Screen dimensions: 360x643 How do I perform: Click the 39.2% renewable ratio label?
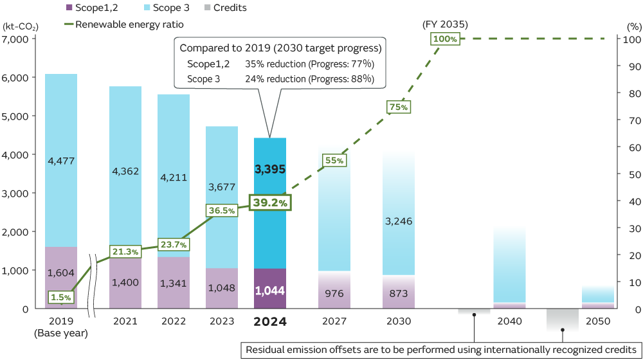pyautogui.click(x=270, y=202)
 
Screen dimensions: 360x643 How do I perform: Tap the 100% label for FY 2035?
pyautogui.click(x=445, y=39)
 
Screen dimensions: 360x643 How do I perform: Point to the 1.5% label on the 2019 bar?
pyautogui.click(x=61, y=297)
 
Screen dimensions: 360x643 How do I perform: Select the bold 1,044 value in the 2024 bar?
pyautogui.click(x=270, y=289)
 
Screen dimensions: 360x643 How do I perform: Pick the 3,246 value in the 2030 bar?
pyautogui.click(x=399, y=221)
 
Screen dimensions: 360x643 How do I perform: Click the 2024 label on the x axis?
pyautogui.click(x=270, y=321)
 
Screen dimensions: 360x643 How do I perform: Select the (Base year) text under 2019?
pyautogui.click(x=61, y=333)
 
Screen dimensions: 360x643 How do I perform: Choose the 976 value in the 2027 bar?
pyautogui.click(x=334, y=292)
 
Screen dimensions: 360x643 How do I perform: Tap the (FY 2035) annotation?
pyautogui.click(x=445, y=24)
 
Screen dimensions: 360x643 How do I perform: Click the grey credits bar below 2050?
pyautogui.click(x=562, y=319)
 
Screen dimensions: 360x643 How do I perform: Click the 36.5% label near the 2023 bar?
pyautogui.click(x=221, y=210)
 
